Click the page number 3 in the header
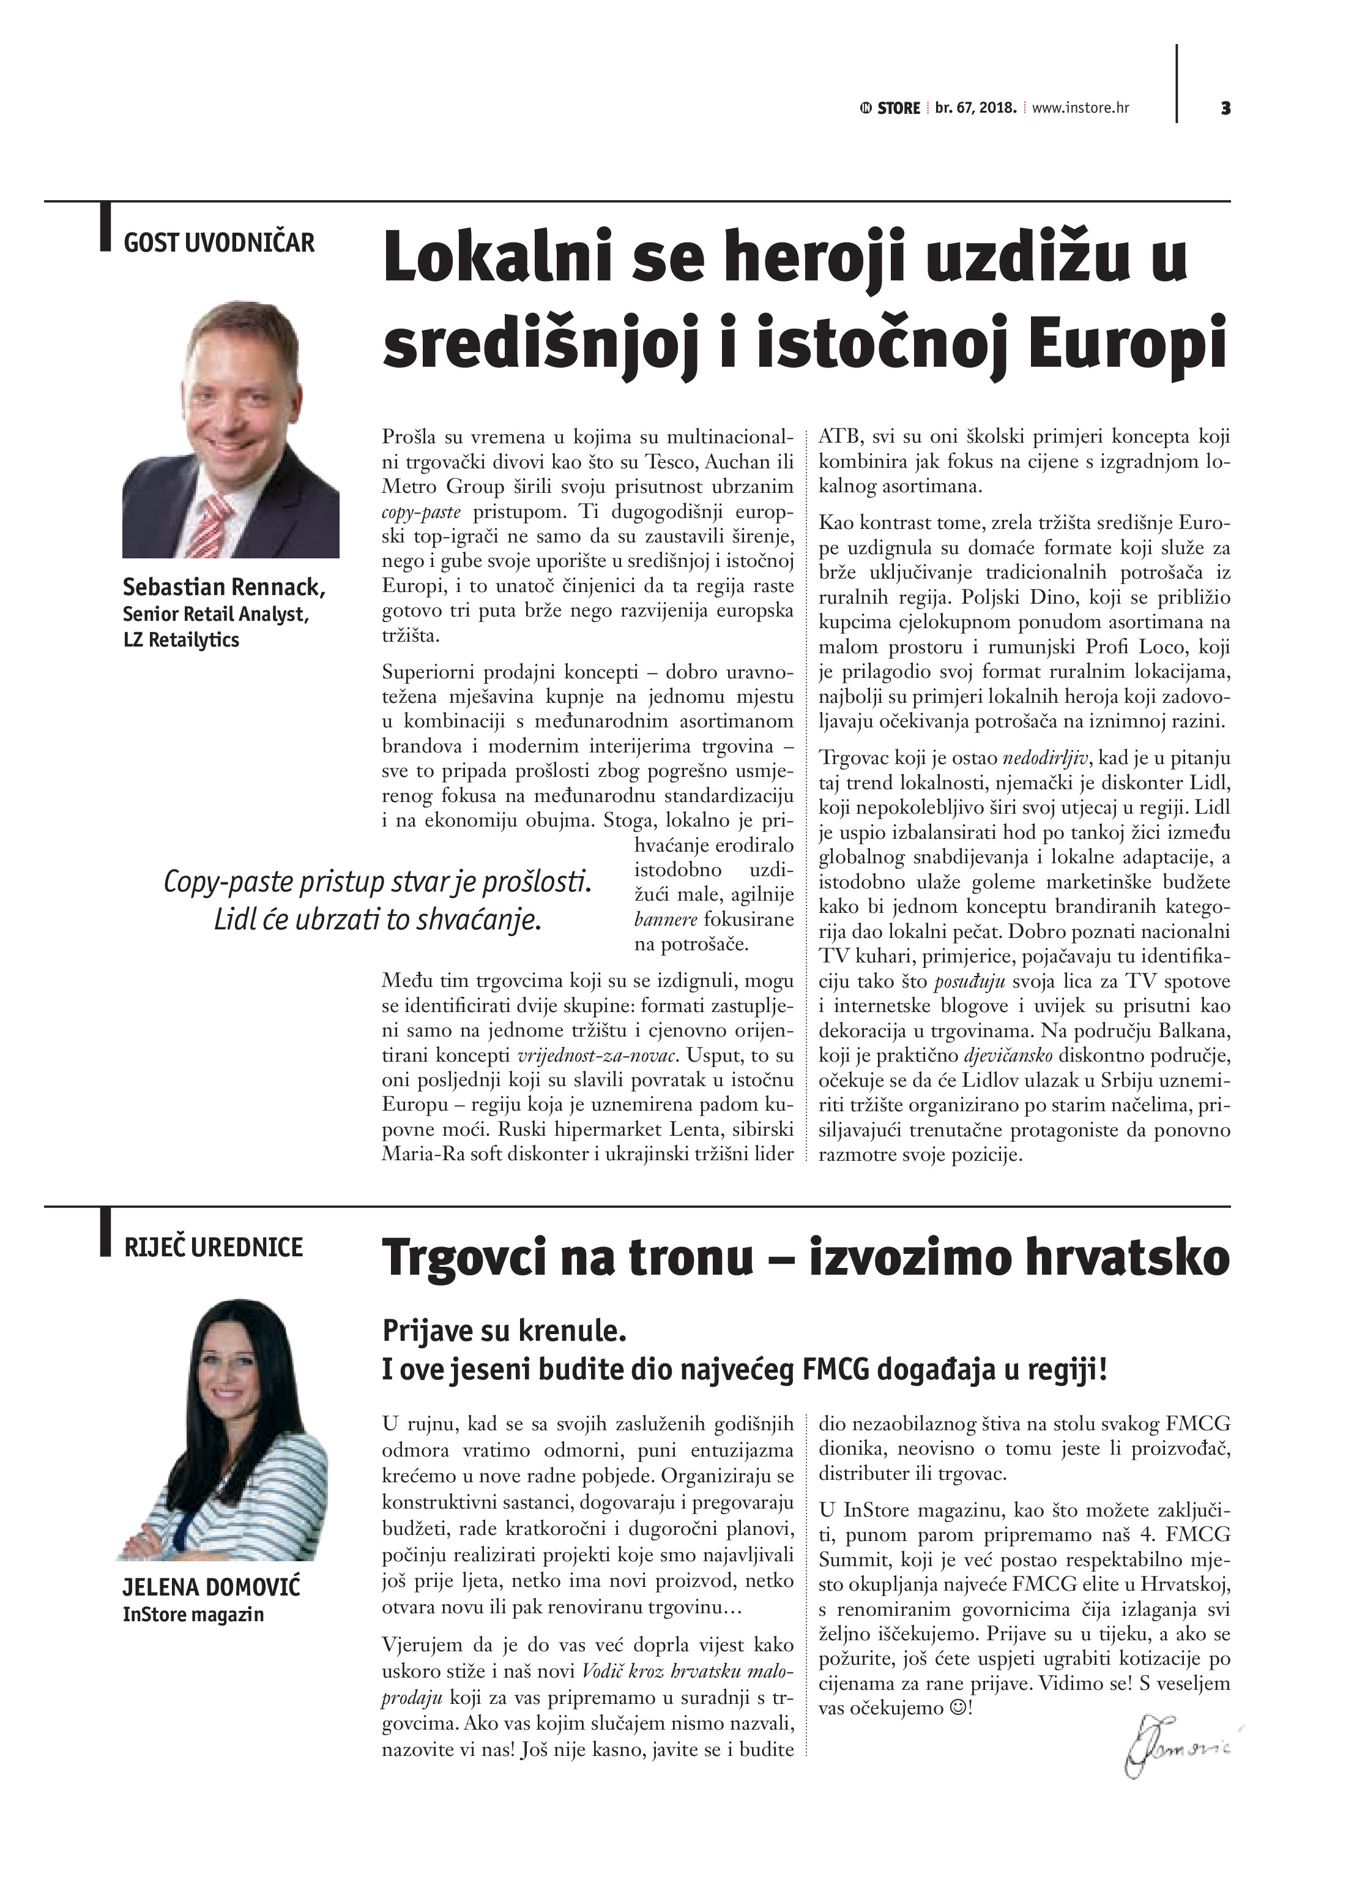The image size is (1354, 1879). (x=1225, y=108)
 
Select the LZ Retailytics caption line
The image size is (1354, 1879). (x=180, y=640)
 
